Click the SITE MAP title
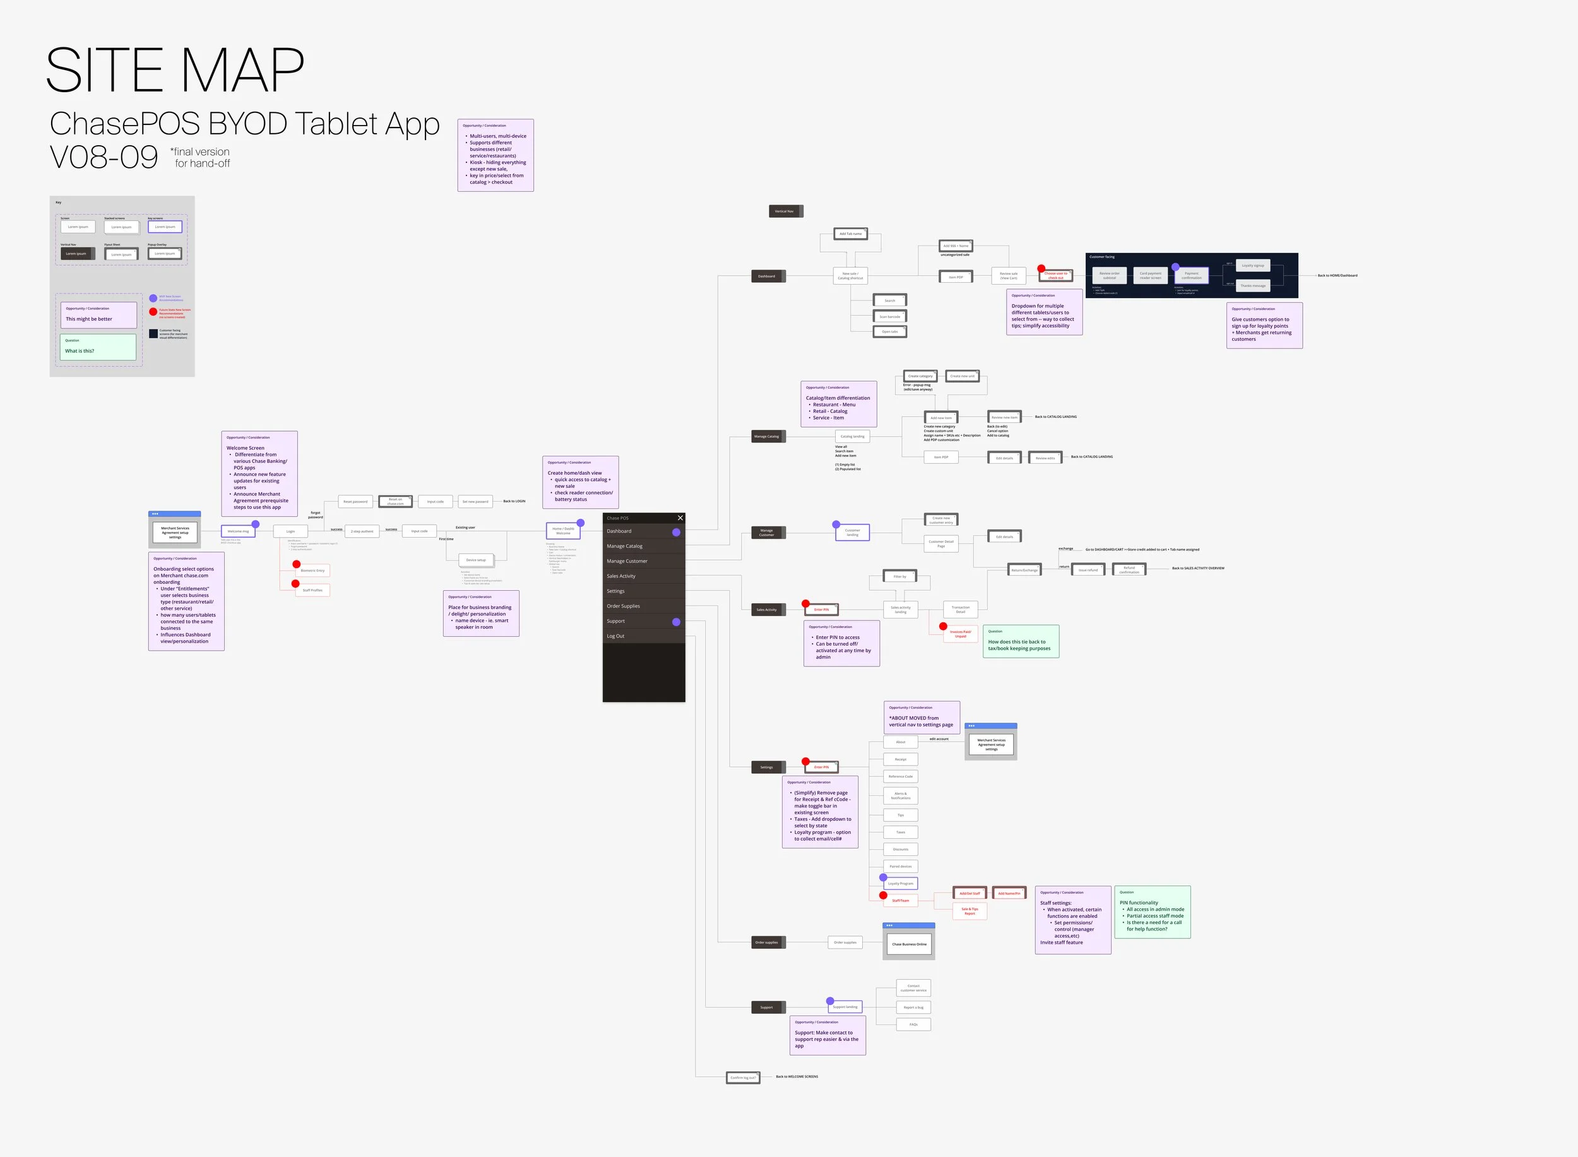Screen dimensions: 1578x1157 coord(175,70)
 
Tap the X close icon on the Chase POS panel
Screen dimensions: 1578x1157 coord(679,518)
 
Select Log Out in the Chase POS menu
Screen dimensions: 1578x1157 coord(615,636)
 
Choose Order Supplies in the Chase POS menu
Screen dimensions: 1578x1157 coord(624,606)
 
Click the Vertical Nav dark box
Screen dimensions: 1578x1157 coord(785,211)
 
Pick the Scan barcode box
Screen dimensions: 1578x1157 coord(889,317)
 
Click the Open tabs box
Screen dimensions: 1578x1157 coord(889,332)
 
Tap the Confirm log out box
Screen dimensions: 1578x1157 coord(742,1078)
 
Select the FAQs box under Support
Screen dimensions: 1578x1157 coord(913,1024)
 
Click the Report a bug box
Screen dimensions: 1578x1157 coord(913,1008)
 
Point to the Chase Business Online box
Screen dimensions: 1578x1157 coord(909,944)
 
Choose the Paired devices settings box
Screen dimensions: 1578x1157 coord(901,867)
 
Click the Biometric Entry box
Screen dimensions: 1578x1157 coord(312,571)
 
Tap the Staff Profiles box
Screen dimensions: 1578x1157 coord(312,590)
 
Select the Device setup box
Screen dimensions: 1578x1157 coord(477,561)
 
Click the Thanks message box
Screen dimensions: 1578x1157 coord(1253,286)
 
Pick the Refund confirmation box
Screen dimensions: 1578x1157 coord(1129,570)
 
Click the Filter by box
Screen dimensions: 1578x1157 coord(900,577)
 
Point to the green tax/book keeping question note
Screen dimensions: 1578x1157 coord(1021,641)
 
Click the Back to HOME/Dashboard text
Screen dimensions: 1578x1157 coord(1337,276)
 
